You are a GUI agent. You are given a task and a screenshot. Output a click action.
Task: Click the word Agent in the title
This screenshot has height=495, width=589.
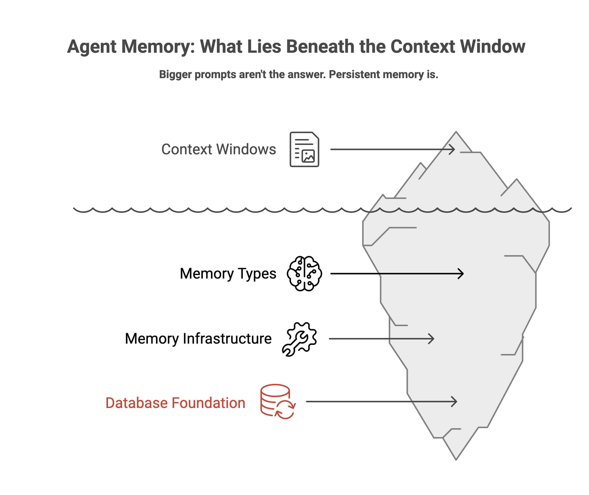pyautogui.click(x=91, y=47)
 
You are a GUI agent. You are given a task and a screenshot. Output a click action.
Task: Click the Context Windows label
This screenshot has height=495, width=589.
pyautogui.click(x=219, y=149)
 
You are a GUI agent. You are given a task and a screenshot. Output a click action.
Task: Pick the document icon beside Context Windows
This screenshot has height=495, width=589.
pyautogui.click(x=304, y=149)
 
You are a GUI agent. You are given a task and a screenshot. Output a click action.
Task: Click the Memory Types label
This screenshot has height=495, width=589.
pyautogui.click(x=228, y=274)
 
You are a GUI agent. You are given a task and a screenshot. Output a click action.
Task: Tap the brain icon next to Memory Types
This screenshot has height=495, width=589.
pyautogui.click(x=304, y=274)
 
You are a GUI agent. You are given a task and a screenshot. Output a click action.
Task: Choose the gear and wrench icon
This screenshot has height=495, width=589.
pyautogui.click(x=299, y=339)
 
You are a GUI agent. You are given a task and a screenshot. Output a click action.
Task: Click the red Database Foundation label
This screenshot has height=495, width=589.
pyautogui.click(x=175, y=403)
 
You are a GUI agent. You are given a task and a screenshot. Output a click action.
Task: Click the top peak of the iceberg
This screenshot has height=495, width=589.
pyautogui.click(x=456, y=132)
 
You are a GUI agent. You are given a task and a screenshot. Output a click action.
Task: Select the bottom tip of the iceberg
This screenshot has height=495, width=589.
pyautogui.click(x=456, y=459)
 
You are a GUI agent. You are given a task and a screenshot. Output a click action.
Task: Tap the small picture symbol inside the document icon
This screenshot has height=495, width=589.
pyautogui.click(x=308, y=156)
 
